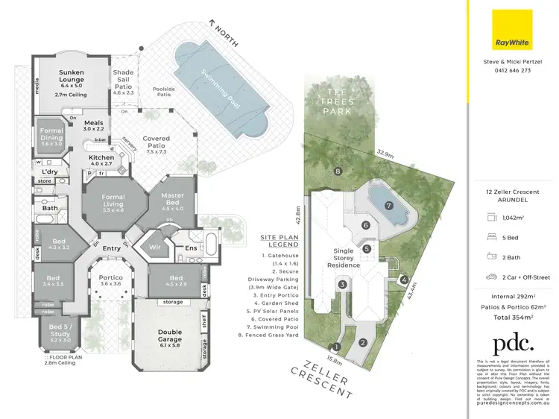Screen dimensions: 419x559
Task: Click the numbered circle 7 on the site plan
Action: click(388, 205)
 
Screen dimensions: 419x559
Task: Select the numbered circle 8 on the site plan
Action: click(338, 171)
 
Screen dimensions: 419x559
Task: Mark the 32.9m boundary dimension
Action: click(384, 153)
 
